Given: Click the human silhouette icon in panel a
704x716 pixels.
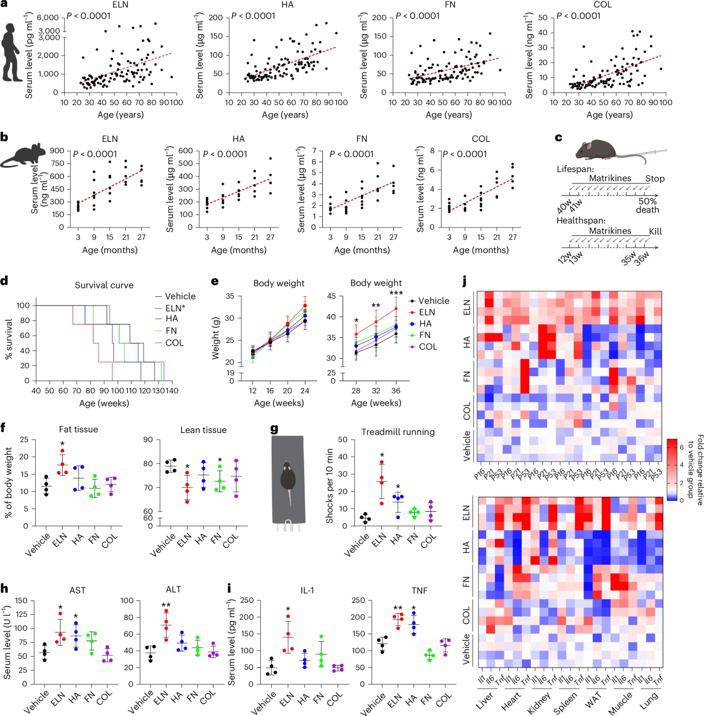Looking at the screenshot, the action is [x=12, y=53].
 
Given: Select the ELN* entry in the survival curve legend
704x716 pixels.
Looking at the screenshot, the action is [x=175, y=308].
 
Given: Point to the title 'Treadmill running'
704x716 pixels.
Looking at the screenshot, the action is [x=398, y=432].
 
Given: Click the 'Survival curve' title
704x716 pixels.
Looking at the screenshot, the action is [x=104, y=285].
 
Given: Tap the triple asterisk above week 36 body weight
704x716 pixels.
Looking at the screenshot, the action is [x=396, y=294].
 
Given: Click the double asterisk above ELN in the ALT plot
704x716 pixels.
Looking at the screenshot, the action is [x=166, y=605].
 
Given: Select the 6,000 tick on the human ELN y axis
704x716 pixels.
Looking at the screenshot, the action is [x=48, y=18].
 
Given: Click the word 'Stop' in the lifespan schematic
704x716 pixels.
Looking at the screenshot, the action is [x=655, y=179].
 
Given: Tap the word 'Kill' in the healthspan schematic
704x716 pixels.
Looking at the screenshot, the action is [x=655, y=231].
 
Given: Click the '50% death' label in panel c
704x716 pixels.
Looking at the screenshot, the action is [x=647, y=206].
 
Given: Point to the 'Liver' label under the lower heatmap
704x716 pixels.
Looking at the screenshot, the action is [x=485, y=701].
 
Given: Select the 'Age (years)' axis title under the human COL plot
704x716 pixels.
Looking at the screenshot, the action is [x=609, y=115].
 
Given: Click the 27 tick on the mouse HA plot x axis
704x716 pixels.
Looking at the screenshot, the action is [x=271, y=237].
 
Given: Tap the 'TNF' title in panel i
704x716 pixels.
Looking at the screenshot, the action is [x=419, y=590].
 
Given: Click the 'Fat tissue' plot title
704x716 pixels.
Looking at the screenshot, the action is [x=79, y=429].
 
